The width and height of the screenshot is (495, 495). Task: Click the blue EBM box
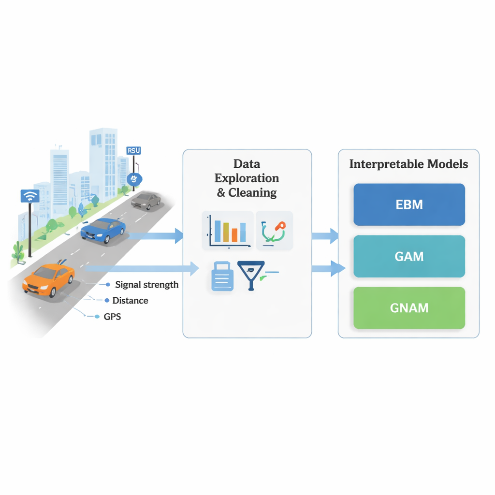point(409,204)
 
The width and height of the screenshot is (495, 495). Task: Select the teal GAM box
point(409,256)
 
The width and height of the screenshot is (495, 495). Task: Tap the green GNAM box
point(409,308)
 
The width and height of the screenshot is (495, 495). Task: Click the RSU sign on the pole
point(133,150)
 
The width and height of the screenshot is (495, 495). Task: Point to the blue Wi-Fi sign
point(30,196)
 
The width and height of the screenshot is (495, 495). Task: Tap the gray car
point(146,200)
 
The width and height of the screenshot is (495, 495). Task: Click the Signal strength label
point(147,285)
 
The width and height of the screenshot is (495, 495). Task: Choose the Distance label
point(130,301)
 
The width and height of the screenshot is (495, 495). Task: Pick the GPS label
point(112,317)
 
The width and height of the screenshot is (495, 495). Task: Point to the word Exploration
point(247,178)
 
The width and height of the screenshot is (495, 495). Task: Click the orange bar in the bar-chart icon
point(234,234)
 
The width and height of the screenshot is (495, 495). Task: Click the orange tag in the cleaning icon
point(280,226)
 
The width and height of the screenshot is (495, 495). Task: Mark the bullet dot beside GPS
point(96,317)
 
